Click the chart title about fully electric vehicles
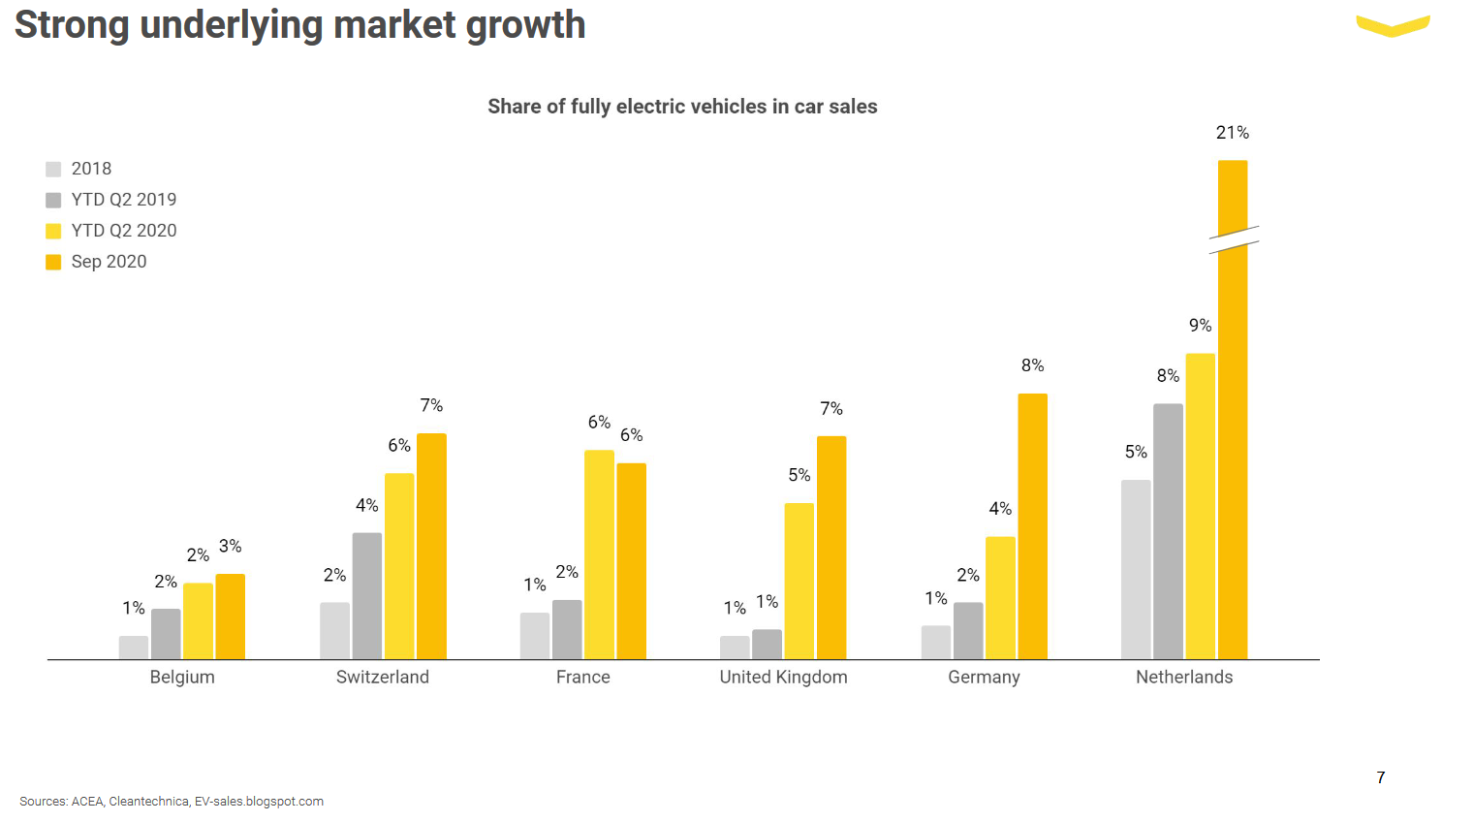pyautogui.click(x=682, y=107)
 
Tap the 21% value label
pyautogui.click(x=1232, y=133)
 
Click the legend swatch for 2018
pyautogui.click(x=53, y=170)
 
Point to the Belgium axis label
pyautogui.click(x=182, y=678)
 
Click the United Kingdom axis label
pyautogui.click(x=783, y=678)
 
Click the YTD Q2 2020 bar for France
pyautogui.click(x=599, y=554)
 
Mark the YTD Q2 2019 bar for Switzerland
pyautogui.click(x=367, y=596)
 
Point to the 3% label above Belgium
pyautogui.click(x=230, y=547)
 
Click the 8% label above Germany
pyautogui.click(x=1032, y=365)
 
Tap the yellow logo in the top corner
pyautogui.click(x=1393, y=26)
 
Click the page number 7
pyautogui.click(x=1380, y=777)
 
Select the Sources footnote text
pyautogui.click(x=172, y=802)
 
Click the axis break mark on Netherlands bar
pyautogui.click(x=1234, y=240)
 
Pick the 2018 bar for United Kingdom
pyautogui.click(x=735, y=648)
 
